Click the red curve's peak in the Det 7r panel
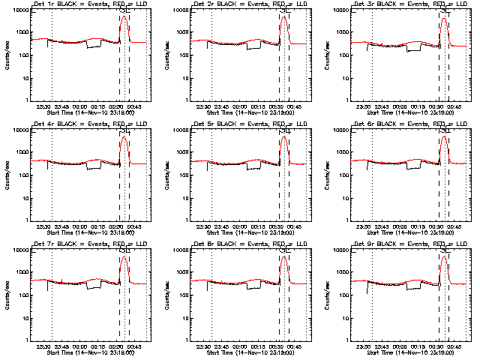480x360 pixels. point(124,257)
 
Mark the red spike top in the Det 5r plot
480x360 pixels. point(284,137)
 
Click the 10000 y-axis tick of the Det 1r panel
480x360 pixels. point(19,10)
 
